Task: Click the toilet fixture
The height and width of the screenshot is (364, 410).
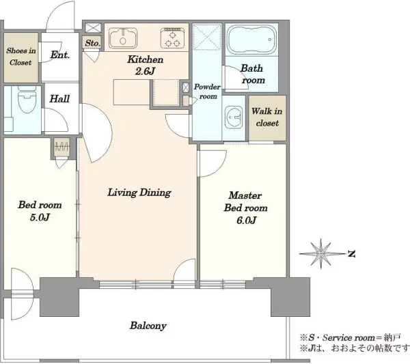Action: click(27, 100)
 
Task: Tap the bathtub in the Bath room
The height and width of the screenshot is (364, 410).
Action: click(251, 40)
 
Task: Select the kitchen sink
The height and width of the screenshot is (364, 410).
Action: click(123, 38)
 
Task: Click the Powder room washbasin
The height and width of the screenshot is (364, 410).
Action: click(233, 117)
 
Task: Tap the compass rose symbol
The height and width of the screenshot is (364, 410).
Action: click(321, 253)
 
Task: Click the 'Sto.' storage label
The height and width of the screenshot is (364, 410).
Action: click(92, 43)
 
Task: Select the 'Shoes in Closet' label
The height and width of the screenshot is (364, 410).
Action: click(21, 57)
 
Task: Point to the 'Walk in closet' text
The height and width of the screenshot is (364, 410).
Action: click(267, 117)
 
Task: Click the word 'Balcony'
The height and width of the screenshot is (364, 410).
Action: click(148, 326)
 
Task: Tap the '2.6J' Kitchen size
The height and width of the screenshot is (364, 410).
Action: click(145, 71)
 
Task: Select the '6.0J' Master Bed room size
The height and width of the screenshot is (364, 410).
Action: click(246, 221)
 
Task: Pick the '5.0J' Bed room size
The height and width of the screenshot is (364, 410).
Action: click(40, 217)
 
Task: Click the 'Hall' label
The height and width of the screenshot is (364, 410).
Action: click(59, 99)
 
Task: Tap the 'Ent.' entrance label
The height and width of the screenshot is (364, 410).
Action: click(60, 55)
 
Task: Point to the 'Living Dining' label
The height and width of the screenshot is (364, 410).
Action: click(139, 193)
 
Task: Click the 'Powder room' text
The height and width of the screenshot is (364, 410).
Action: click(207, 92)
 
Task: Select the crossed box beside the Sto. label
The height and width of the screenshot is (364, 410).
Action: click(93, 28)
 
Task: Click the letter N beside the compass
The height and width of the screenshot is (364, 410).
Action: click(351, 253)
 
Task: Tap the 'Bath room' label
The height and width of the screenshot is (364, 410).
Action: click(253, 74)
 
